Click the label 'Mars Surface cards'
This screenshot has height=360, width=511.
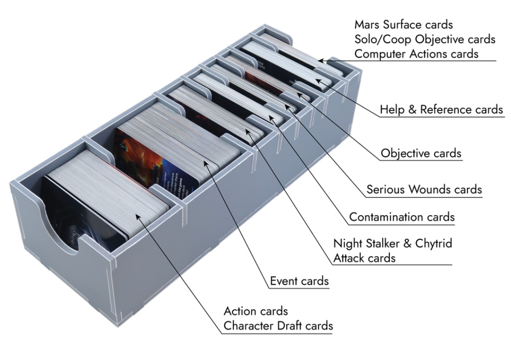[403, 24]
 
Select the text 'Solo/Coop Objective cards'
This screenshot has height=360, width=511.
[425, 39]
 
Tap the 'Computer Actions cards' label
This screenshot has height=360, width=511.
[417, 54]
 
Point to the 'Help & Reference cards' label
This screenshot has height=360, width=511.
[442, 110]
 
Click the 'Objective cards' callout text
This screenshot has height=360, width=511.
[421, 153]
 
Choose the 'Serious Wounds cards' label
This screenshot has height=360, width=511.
[424, 189]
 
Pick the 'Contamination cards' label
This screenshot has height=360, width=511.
[402, 217]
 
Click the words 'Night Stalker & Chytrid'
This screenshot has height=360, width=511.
[393, 243]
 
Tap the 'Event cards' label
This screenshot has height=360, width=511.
[299, 281]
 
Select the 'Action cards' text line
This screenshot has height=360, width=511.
[256, 311]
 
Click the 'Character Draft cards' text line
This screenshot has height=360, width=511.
[279, 326]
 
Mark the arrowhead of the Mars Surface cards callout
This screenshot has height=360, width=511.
[321, 61]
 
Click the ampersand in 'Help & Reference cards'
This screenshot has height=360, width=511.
[412, 110]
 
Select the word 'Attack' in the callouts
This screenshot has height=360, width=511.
[351, 258]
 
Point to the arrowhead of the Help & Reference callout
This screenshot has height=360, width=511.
[318, 81]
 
